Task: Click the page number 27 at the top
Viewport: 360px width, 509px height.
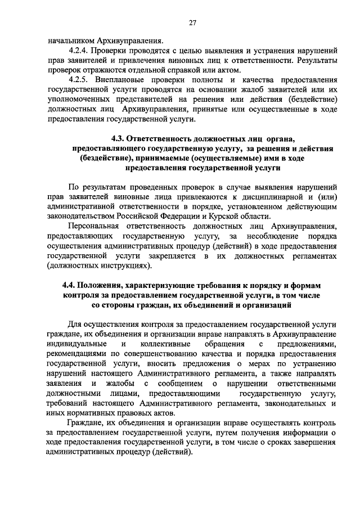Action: [x=192, y=22]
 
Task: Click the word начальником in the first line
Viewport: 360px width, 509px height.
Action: [x=71, y=40]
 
